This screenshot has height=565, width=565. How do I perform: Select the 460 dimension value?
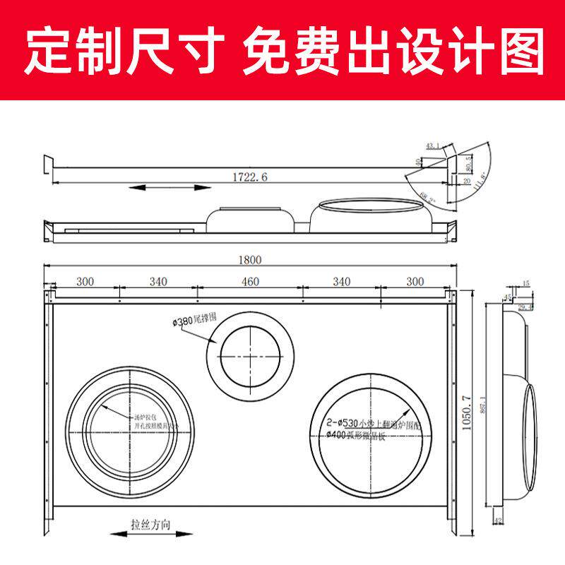pyautogui.click(x=250, y=282)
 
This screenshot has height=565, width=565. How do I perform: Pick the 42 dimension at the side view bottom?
pyautogui.click(x=499, y=521)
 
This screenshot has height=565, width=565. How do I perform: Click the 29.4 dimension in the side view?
pyautogui.click(x=525, y=307)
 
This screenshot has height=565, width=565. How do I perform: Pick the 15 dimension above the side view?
pyautogui.click(x=525, y=284)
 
